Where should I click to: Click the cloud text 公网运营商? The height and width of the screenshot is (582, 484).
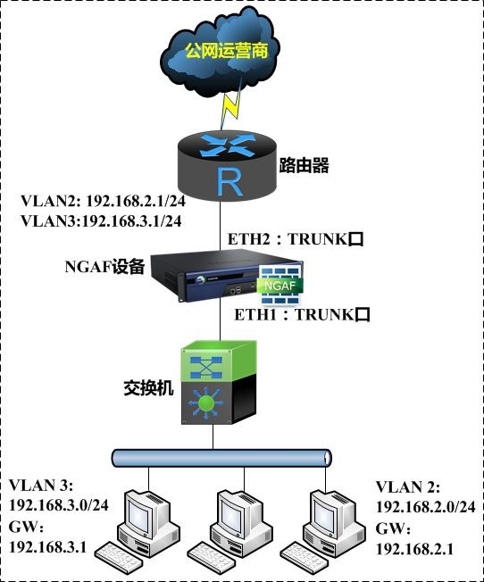(x=226, y=51)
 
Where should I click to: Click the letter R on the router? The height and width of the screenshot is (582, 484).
(x=229, y=182)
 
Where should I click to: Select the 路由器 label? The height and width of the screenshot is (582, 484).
(x=304, y=165)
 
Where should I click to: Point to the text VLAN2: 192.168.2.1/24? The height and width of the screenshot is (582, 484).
(x=103, y=201)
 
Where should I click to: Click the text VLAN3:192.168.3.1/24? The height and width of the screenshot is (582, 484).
(x=101, y=221)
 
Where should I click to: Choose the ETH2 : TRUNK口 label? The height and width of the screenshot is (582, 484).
(x=296, y=239)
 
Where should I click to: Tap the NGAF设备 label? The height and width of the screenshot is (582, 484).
(x=104, y=267)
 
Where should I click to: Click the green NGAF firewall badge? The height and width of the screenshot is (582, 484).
(x=280, y=286)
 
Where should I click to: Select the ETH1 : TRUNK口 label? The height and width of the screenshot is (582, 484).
(x=302, y=315)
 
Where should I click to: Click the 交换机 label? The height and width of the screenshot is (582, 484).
(x=148, y=388)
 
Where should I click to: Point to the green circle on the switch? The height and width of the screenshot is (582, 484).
(x=206, y=403)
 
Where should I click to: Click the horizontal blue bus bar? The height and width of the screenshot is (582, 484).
(x=221, y=458)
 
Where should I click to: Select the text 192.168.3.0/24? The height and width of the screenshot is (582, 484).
(x=59, y=505)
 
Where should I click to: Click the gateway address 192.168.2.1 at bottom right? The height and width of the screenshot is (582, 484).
(x=415, y=549)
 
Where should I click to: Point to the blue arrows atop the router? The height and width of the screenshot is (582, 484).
(x=228, y=145)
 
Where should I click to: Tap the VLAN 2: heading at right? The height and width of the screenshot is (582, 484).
(x=408, y=487)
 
